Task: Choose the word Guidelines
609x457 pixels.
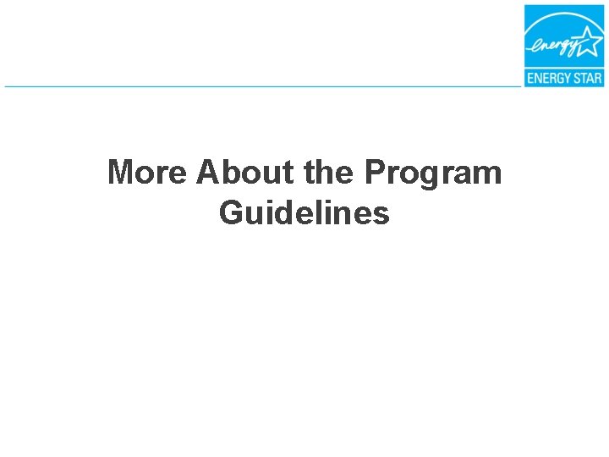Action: coord(304,213)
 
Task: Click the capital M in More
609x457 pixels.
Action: coord(122,173)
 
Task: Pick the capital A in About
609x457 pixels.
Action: coord(208,173)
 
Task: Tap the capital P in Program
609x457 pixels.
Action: coord(374,173)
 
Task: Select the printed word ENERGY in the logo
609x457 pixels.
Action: coord(548,79)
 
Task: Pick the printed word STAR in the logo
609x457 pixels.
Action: coord(586,79)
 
